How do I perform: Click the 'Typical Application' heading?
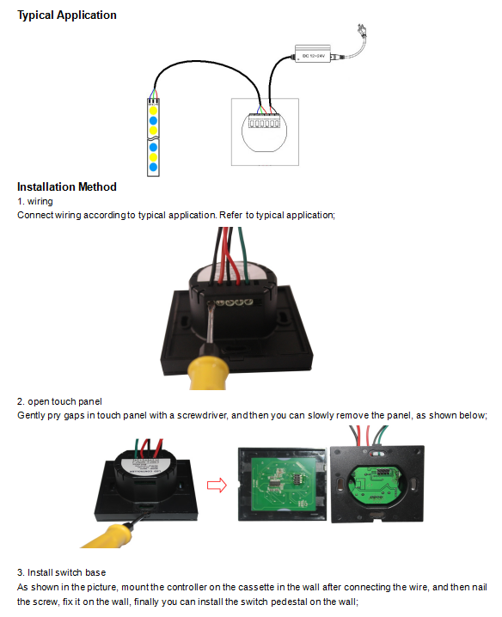67,15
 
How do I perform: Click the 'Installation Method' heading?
67,186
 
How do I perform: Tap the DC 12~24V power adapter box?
313,54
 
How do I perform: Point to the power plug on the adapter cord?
361,30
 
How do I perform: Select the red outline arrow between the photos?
217,485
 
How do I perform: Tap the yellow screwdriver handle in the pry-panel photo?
107,536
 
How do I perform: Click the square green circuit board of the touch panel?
282,485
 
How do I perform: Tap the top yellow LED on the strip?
153,111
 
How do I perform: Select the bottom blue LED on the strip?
153,168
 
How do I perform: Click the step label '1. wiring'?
35,201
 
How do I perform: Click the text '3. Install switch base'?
61,572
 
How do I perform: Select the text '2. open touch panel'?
59,402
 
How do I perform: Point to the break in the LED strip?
153,138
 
